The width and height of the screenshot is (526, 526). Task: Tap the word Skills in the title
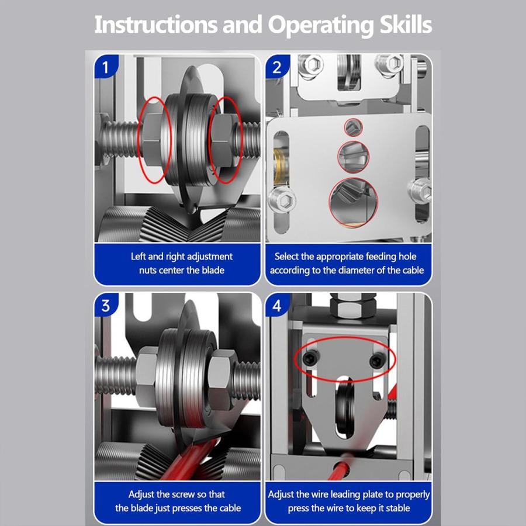coord(406,25)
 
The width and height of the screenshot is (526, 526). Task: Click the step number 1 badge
coord(106,67)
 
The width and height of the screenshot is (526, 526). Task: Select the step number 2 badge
coord(277,67)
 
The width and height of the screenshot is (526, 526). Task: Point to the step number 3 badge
coord(106,305)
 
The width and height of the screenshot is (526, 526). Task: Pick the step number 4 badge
coord(277,305)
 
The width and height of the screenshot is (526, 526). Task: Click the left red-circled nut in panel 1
coord(153,140)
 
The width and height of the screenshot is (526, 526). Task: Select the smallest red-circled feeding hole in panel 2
coord(353,127)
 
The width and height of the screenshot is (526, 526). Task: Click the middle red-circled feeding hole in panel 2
coord(354,157)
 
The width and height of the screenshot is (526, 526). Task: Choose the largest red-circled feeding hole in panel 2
coord(353,202)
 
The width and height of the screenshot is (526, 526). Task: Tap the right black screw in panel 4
coord(376,361)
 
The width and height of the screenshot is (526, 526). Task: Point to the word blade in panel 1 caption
coord(213,270)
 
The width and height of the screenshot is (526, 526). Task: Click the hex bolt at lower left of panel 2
coord(282,200)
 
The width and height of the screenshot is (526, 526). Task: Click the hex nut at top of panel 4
coord(352,305)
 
